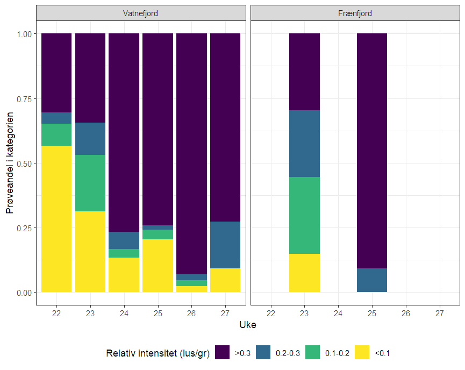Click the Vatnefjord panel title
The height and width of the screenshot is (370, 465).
140,13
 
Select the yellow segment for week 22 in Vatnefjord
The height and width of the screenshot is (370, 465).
56,219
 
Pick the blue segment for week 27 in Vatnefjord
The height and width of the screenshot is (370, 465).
225,245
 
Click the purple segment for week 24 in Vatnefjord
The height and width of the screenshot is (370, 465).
124,132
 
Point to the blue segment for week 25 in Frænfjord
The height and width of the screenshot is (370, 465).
372,280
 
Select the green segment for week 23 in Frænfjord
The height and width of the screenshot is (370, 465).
305,215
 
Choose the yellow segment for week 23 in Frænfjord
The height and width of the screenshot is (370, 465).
305,273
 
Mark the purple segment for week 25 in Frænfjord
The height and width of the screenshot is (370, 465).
372,151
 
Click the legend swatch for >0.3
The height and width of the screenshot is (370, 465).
223,353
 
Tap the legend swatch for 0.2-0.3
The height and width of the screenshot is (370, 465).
264,353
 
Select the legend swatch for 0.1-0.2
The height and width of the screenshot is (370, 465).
313,353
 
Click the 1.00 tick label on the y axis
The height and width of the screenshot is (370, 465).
24,34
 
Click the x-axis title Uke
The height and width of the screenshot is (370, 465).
247,325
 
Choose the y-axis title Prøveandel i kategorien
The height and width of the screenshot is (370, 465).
10,163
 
